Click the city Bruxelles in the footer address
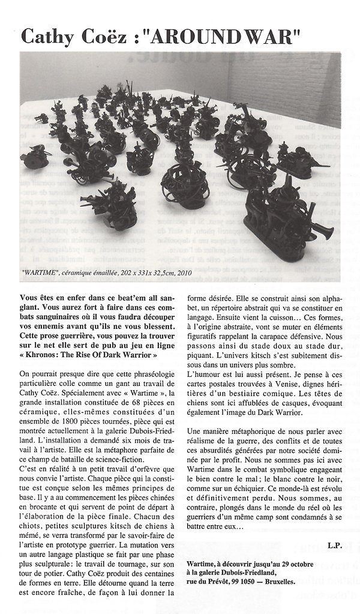point(275,582)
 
